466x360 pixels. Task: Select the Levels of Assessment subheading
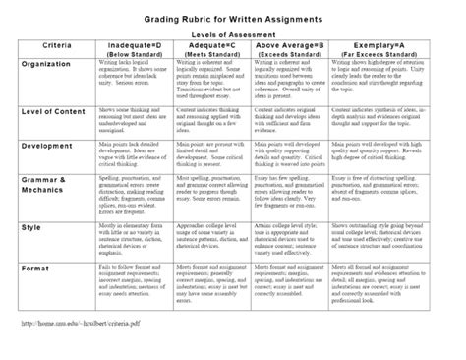pyautogui.click(x=234, y=32)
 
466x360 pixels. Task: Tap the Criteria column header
pyautogui.click(x=54, y=46)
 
